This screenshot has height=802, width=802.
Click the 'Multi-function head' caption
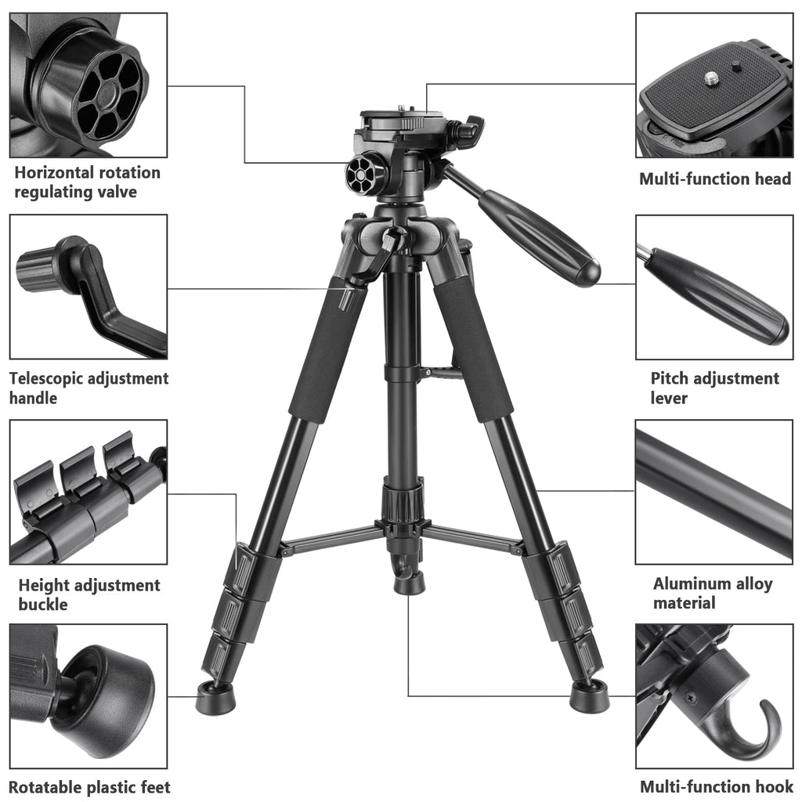(715, 179)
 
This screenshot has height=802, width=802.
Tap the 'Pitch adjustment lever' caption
(714, 388)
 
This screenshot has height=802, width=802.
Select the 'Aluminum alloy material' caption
(713, 593)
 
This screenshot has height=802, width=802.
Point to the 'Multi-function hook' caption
(716, 786)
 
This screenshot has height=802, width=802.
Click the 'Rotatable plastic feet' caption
(89, 786)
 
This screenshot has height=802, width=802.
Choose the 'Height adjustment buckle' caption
(89, 594)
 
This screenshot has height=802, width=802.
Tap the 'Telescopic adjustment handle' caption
(89, 388)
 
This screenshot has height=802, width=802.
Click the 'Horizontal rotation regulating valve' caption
(87, 182)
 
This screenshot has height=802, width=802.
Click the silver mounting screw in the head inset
(712, 78)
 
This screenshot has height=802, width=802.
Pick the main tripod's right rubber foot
(589, 695)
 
